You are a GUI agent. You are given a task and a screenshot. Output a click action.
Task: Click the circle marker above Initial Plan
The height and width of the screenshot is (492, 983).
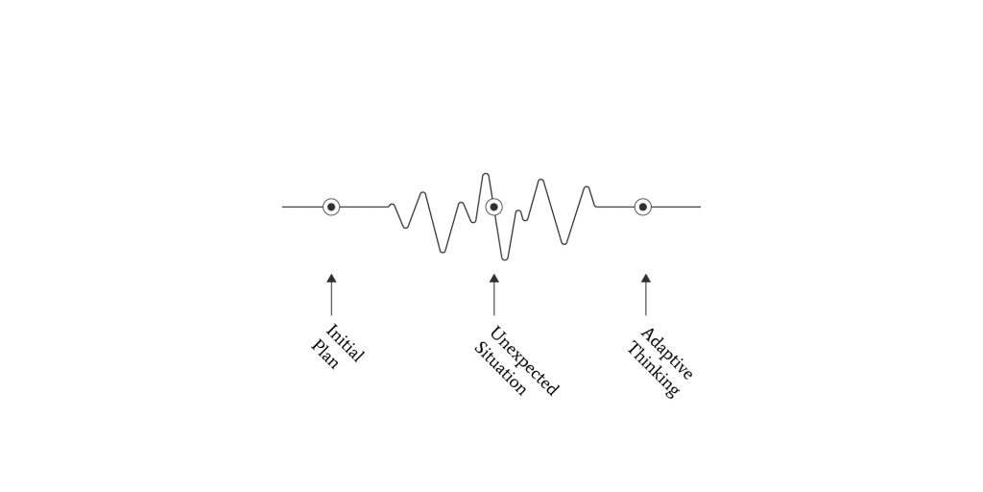(331, 207)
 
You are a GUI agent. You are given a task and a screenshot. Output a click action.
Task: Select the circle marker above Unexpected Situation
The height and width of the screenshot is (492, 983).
(493, 207)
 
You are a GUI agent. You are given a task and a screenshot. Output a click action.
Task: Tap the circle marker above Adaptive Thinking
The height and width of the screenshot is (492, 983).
(643, 207)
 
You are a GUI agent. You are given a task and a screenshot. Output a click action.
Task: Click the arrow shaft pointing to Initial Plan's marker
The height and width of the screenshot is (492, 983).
(331, 298)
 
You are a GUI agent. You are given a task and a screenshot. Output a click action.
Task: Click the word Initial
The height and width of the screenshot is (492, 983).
(345, 343)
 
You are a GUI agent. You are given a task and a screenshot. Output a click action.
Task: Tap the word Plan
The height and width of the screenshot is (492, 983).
(325, 354)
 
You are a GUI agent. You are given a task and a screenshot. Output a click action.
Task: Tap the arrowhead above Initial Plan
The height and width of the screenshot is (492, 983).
(331, 279)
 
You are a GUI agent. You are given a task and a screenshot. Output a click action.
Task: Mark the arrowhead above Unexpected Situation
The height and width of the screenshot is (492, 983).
(493, 279)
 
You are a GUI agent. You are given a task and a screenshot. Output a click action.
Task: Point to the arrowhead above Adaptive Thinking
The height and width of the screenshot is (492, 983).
(645, 279)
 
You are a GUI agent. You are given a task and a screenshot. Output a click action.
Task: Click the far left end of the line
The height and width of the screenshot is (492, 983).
(283, 207)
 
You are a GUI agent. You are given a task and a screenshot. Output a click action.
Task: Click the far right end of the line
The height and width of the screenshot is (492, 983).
(699, 207)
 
